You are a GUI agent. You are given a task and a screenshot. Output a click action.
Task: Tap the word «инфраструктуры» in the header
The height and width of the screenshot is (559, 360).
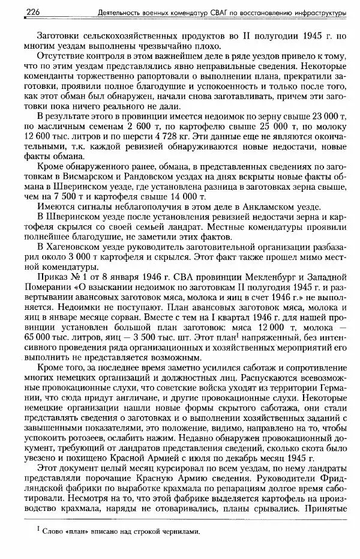point(319,12)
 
